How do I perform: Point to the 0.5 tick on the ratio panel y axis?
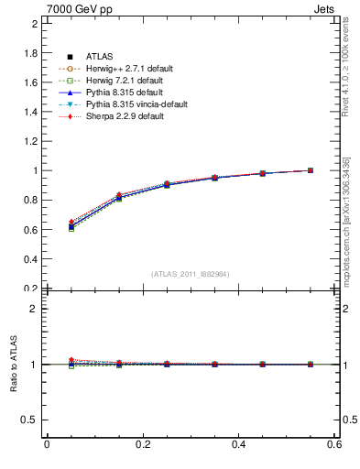[x=31, y=420]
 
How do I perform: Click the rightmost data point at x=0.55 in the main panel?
[x=311, y=170]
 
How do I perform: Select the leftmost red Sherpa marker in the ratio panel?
[x=71, y=360]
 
